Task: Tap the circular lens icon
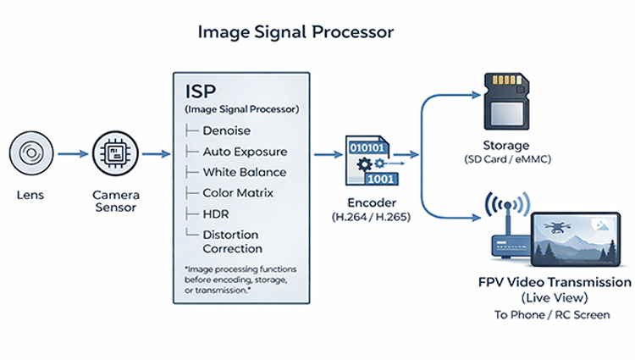pos(31,153)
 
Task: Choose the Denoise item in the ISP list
pos(227,131)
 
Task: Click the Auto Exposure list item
pos(245,152)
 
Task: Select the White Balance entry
pos(244,172)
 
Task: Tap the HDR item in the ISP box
pos(216,213)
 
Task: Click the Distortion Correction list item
pos(232,241)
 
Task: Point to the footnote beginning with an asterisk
pos(235,280)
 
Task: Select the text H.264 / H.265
pos(367,218)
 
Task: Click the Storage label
pos(508,146)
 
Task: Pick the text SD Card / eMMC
pos(508,160)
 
